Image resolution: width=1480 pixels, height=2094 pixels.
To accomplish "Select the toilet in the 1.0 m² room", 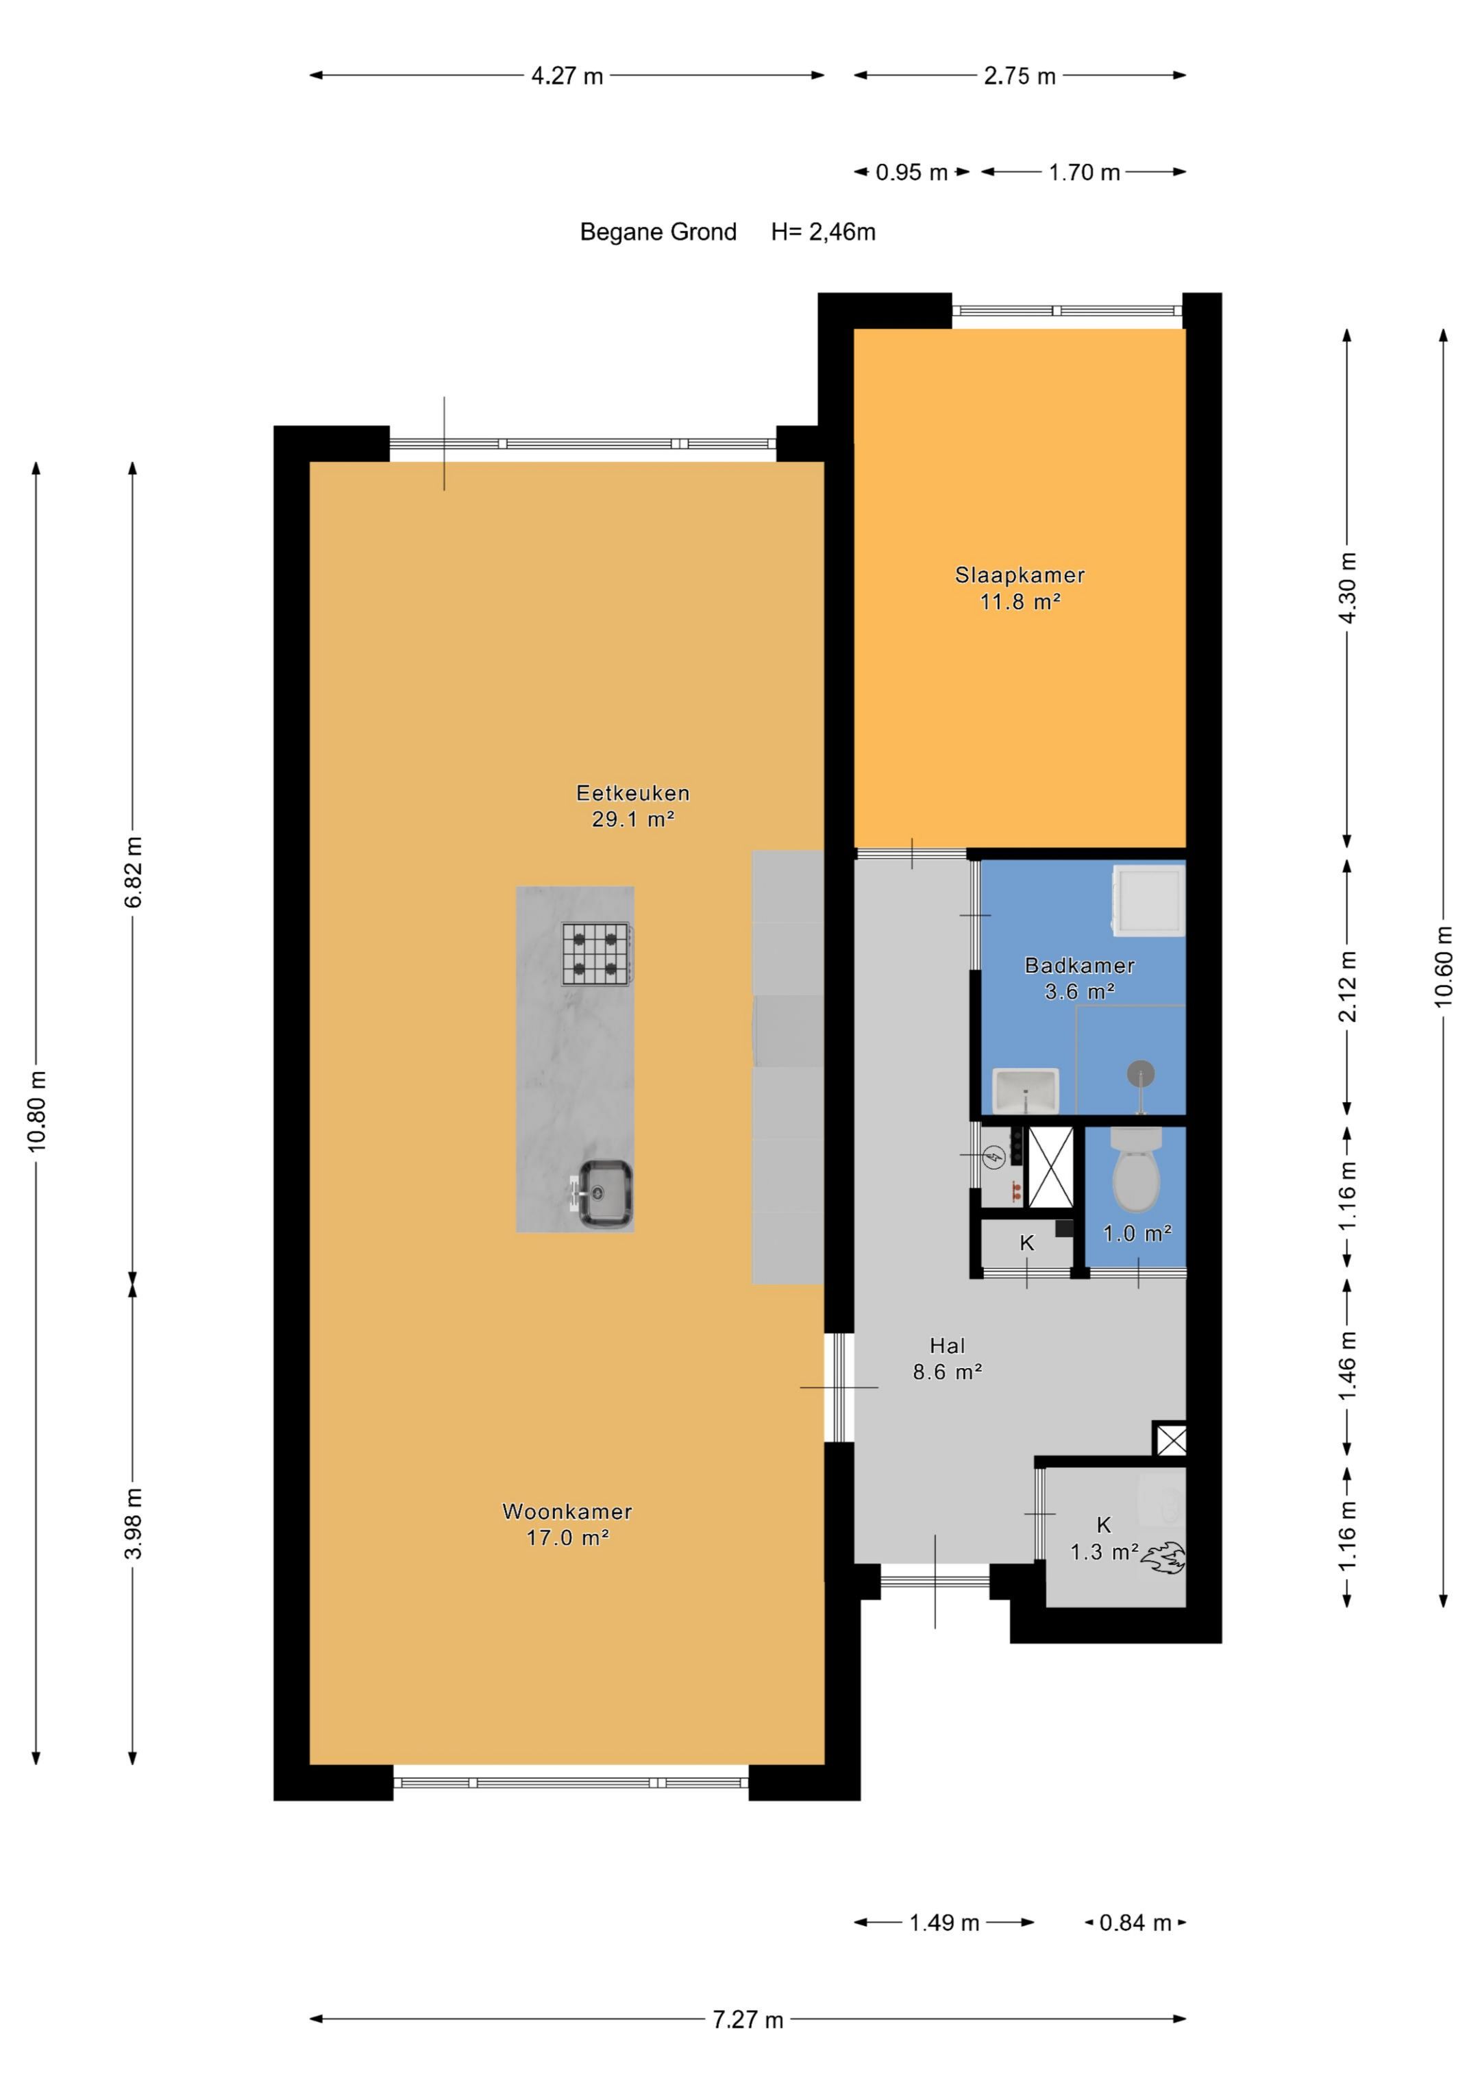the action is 1136,1169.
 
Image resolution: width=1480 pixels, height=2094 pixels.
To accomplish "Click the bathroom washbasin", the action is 1025,1091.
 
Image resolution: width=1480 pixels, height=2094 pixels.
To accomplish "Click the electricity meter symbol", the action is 995,1158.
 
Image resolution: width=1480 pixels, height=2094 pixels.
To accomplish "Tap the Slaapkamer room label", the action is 1020,576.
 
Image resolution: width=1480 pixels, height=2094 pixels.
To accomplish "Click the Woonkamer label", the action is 567,1511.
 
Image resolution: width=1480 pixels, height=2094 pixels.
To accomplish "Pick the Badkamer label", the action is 1080,965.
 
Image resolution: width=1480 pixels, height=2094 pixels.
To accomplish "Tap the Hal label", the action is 948,1346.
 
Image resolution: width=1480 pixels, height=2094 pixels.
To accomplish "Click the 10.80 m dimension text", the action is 36,1112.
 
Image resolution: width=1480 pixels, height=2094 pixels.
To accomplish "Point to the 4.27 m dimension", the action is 567,75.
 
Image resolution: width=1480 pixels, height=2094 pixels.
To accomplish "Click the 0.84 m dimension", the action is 1135,1923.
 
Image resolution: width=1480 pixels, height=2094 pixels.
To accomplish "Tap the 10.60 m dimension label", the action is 1442,966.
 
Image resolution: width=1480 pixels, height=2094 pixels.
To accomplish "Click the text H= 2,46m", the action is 824,232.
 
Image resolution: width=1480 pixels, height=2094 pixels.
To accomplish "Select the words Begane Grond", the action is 658,232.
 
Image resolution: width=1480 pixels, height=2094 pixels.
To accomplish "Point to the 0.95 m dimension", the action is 912,172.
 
